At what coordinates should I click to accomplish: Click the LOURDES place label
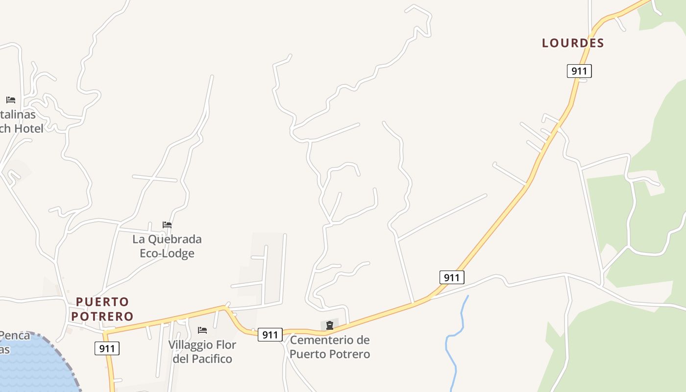(573, 43)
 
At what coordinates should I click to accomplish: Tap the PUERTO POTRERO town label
(102, 309)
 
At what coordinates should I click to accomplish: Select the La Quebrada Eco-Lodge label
(167, 246)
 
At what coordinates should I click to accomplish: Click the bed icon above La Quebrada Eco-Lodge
(167, 225)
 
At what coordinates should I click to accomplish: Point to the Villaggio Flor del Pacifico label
(202, 351)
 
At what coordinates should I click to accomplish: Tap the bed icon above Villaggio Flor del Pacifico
(202, 330)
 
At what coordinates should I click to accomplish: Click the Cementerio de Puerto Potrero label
(330, 346)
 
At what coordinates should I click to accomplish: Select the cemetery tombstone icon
(330, 325)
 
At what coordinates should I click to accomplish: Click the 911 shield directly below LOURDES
(579, 71)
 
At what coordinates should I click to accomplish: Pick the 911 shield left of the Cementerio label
(270, 335)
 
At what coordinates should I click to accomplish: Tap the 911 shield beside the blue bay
(107, 349)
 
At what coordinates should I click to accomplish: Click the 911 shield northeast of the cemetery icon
(451, 278)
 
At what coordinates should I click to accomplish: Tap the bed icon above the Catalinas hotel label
(11, 100)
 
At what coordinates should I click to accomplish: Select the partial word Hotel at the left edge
(28, 128)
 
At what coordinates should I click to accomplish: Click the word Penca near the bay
(15, 336)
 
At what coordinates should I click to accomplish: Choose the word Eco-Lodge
(167, 253)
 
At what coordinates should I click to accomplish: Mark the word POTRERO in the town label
(102, 316)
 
